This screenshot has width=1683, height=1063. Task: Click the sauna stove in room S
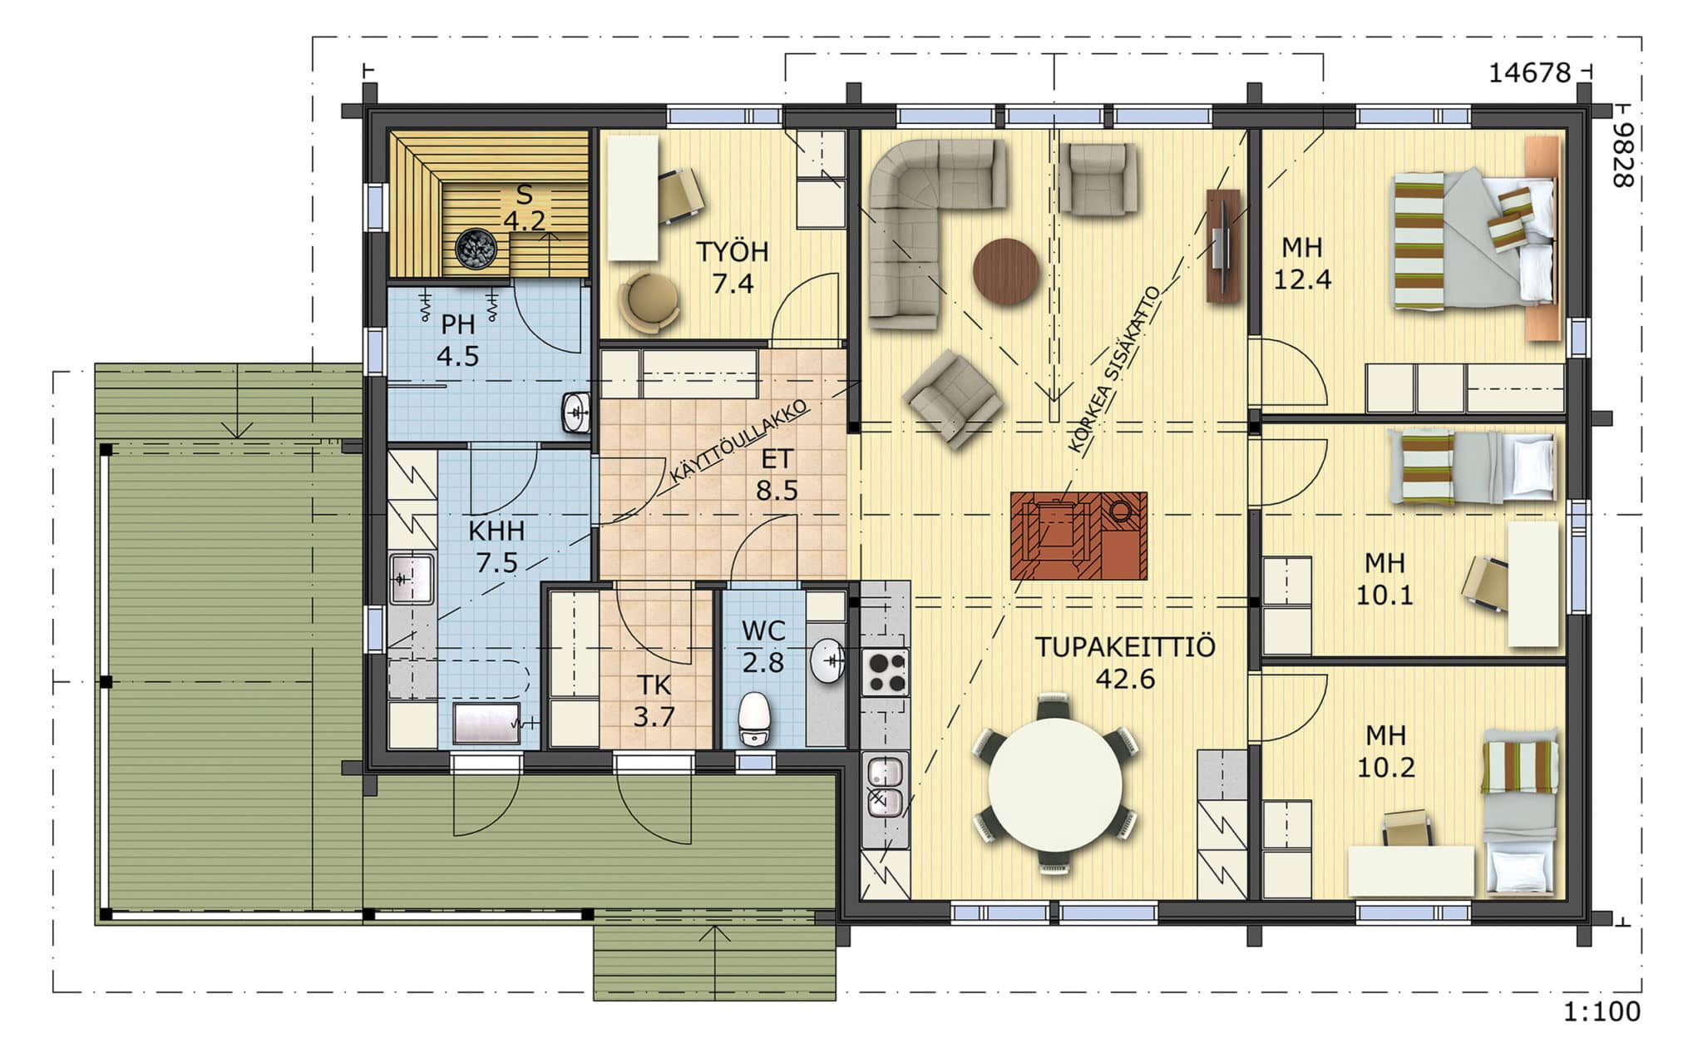[476, 249]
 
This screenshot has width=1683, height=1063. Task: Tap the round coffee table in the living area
[1006, 271]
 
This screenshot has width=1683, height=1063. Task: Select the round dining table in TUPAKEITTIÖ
[1054, 784]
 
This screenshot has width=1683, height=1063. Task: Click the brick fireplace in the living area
[1078, 536]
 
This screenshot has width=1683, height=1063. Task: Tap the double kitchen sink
[885, 787]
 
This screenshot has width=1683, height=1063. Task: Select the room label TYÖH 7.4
[732, 267]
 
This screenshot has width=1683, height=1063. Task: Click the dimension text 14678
[1529, 73]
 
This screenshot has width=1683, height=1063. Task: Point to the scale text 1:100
[1602, 1012]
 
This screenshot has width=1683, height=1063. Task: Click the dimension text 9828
[1622, 156]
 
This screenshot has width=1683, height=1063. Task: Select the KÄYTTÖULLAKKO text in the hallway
[738, 442]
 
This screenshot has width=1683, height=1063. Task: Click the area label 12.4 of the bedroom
[1302, 279]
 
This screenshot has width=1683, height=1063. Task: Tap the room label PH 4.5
[457, 339]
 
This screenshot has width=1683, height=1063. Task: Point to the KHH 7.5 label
[496, 546]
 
